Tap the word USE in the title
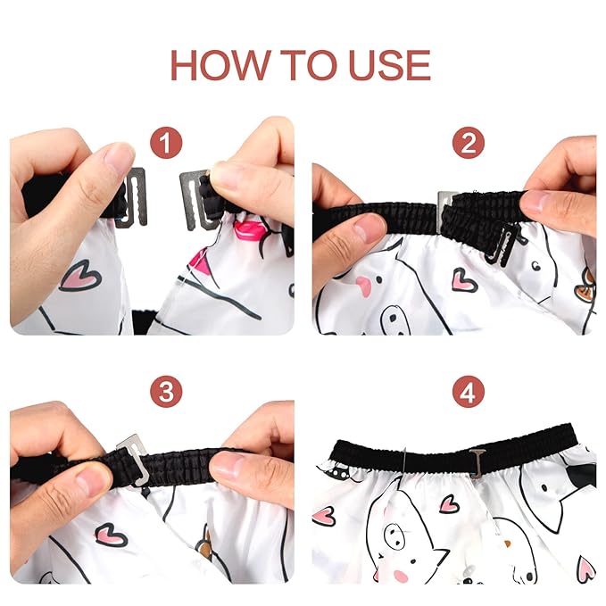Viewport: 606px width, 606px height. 389,65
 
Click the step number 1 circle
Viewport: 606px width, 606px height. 166,143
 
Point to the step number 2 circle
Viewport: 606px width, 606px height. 468,143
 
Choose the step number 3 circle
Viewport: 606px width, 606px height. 166,392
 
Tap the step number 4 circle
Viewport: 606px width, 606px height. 468,392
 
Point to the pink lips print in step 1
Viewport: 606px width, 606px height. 247,230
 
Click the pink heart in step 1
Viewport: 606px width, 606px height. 80,276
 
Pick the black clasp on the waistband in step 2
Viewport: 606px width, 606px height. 502,244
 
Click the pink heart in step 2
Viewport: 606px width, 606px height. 465,279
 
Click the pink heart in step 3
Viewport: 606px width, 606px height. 111,535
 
